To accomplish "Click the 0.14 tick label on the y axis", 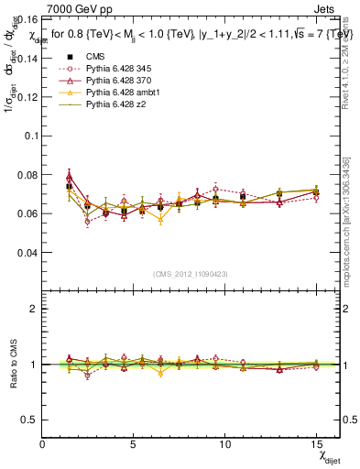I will (x=26, y=58).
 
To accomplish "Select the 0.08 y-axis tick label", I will (x=26, y=174).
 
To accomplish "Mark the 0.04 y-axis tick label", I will (x=26, y=252).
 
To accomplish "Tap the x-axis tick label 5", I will (x=134, y=443).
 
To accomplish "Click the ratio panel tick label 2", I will (x=34, y=309).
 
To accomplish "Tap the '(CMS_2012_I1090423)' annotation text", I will (x=191, y=274).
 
